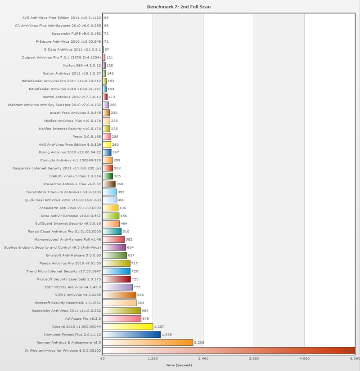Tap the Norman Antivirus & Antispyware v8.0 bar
click(148, 342)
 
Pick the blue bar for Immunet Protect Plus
click(131, 334)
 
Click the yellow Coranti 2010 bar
click(128, 326)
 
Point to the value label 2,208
click(199, 342)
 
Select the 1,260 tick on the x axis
click(153, 359)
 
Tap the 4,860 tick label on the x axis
click(305, 359)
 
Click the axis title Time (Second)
click(179, 365)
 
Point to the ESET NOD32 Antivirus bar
click(118, 287)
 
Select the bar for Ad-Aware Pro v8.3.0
click(122, 318)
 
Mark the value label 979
click(145, 318)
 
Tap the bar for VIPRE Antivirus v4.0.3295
click(119, 295)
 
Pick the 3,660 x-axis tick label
click(254, 359)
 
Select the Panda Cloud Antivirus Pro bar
click(112, 231)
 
